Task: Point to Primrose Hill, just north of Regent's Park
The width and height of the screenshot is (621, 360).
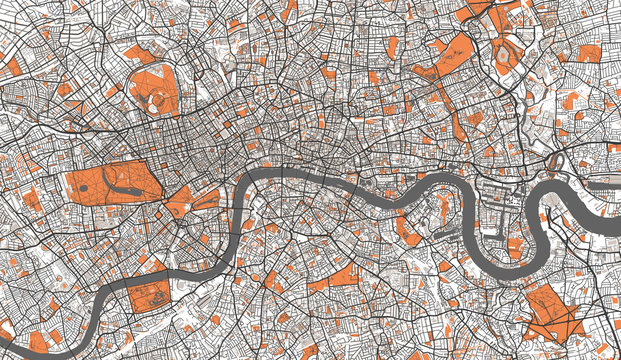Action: pyautogui.click(x=139, y=54)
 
